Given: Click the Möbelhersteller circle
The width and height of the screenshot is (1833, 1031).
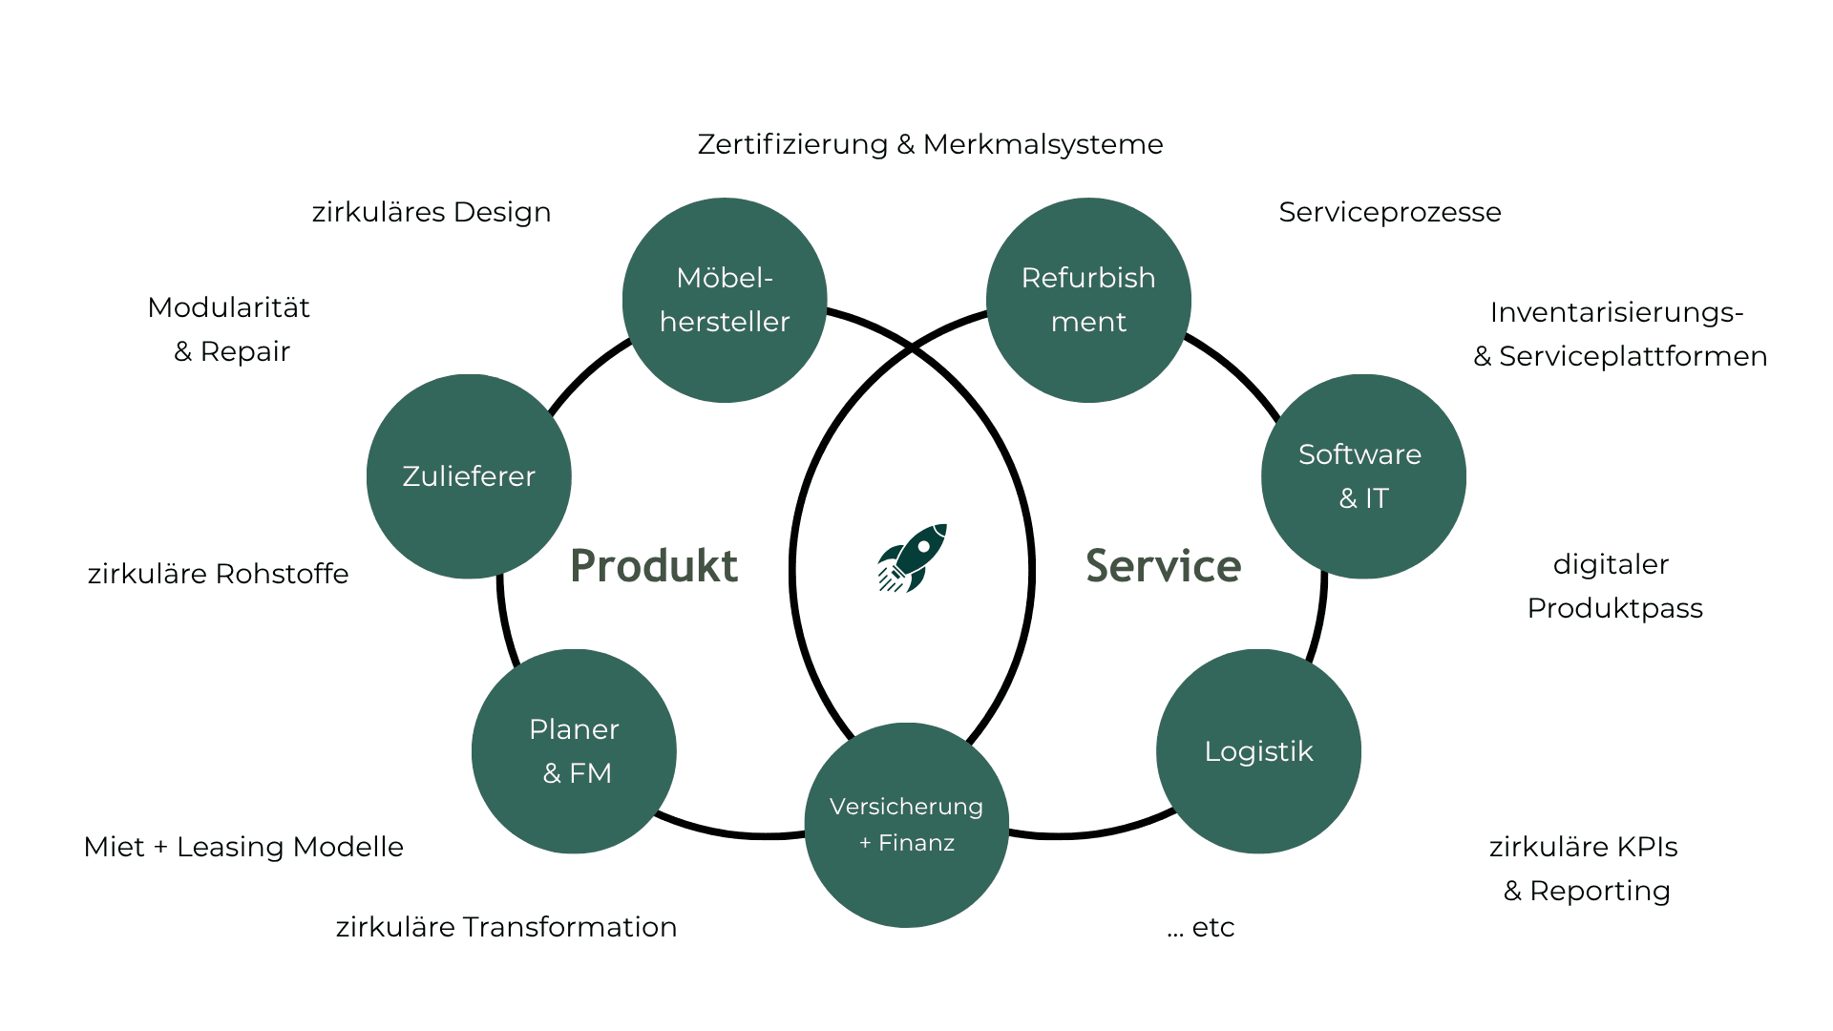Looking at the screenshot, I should [725, 300].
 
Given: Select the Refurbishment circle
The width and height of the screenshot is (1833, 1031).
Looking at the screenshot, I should [1088, 300].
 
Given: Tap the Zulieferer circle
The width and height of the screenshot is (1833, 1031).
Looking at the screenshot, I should [469, 476].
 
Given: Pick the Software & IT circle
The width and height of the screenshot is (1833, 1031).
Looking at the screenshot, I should [1363, 476].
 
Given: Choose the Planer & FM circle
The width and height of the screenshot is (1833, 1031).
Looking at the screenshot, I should [574, 751].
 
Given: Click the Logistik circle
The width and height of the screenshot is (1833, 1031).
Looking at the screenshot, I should [1258, 751].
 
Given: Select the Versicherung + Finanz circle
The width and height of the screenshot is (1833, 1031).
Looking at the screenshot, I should [907, 825].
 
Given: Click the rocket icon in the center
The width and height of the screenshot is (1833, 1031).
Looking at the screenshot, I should [913, 558].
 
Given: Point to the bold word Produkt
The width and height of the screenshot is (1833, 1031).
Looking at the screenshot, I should [654, 566].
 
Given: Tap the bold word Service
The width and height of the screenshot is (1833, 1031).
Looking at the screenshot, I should [1164, 566].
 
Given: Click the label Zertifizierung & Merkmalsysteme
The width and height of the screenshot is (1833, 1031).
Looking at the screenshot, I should [930, 144].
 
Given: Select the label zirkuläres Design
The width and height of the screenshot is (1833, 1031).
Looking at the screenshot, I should [432, 212].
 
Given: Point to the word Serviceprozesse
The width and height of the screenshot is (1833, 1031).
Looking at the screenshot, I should [1389, 212].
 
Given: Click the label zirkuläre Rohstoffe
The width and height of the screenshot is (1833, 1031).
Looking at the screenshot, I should [218, 574].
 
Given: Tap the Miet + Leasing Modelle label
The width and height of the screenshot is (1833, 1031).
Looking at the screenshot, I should [243, 847].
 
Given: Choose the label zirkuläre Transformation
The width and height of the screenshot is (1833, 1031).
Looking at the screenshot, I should [506, 927].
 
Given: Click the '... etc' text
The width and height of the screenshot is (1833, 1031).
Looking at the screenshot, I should [1201, 927].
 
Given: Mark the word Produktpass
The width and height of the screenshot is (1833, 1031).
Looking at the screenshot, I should [1614, 608].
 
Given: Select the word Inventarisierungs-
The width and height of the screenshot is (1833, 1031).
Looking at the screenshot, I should [1616, 312].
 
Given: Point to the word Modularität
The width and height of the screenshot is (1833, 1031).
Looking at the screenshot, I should [229, 307].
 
